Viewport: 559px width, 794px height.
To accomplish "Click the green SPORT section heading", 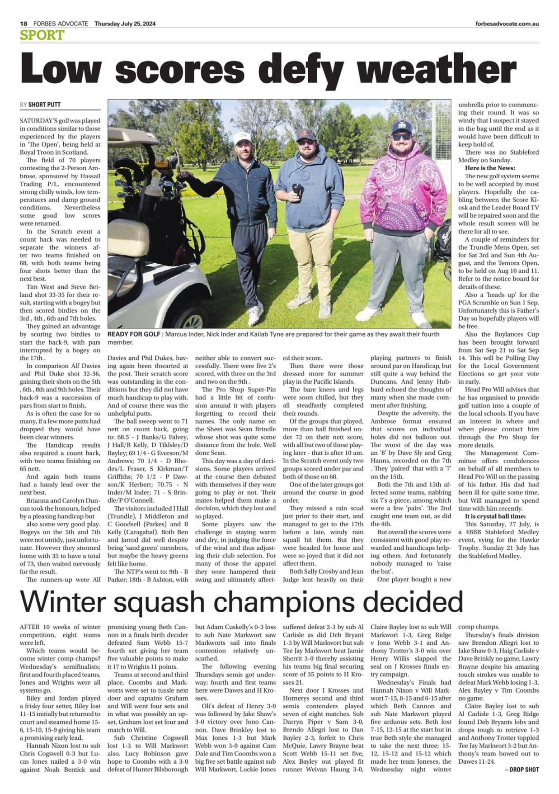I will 42,35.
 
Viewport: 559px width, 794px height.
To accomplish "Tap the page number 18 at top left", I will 23,24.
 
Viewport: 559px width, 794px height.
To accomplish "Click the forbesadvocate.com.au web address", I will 507,24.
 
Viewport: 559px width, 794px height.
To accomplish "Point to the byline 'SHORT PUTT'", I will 44,105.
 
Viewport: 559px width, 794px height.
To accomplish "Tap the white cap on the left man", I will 242,137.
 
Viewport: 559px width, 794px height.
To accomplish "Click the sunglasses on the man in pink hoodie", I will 402,136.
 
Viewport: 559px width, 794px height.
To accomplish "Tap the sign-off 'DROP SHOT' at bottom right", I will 525,769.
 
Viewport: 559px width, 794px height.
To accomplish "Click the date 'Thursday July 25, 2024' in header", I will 125,24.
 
